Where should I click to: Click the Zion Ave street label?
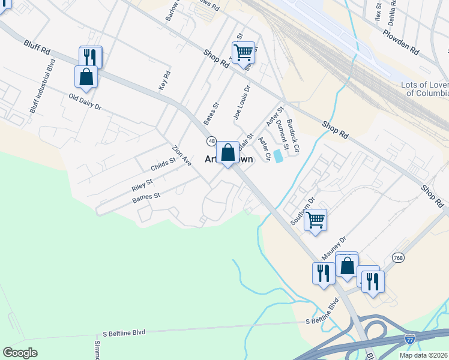(181, 155)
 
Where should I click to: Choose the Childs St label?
(163, 164)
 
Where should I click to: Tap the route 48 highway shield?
(211, 140)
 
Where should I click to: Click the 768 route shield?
(397, 257)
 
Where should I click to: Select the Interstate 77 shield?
(410, 339)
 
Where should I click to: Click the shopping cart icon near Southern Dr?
(315, 220)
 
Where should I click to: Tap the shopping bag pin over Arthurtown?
(228, 154)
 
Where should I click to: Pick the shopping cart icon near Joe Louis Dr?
(243, 52)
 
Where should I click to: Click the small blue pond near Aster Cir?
(279, 156)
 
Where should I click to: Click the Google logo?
(20, 353)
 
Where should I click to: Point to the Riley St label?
(142, 184)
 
